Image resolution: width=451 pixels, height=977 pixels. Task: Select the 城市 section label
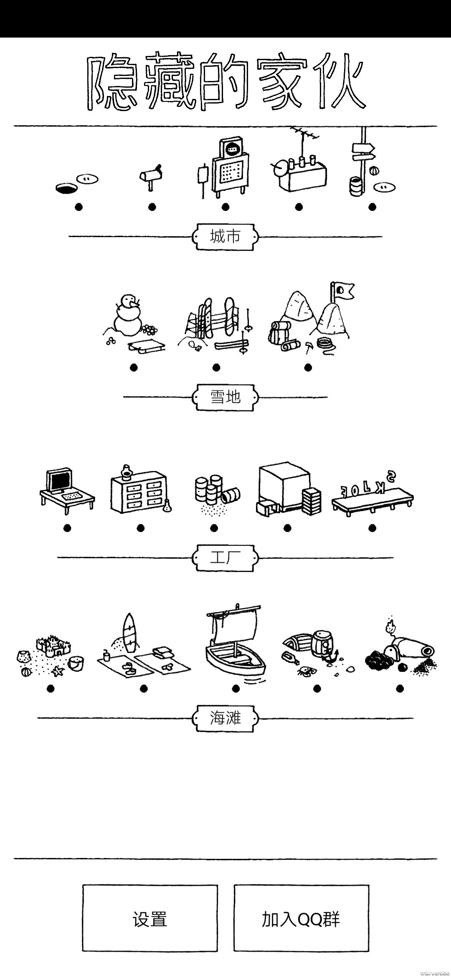[225, 237]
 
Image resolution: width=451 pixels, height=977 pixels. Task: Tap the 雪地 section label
[225, 397]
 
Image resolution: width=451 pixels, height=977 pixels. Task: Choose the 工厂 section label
[225, 557]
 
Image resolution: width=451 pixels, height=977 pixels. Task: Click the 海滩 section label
[225, 718]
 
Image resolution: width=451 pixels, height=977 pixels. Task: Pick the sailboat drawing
[235, 641]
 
